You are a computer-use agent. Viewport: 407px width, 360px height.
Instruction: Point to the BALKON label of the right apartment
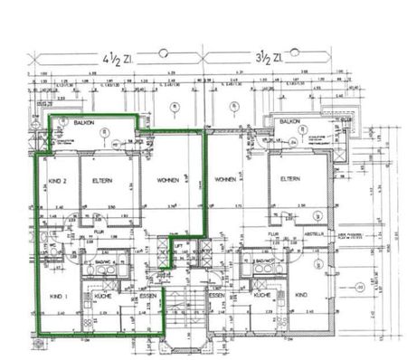tap(289, 120)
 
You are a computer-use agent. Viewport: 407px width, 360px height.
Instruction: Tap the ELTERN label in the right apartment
tap(289, 178)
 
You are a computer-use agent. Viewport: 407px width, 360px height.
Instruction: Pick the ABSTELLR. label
tap(314, 232)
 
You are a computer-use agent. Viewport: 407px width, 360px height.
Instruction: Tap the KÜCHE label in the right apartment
tap(262, 296)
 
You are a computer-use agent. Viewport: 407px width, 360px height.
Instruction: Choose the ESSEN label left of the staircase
tap(147, 296)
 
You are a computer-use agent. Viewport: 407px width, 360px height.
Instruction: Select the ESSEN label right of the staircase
tap(215, 296)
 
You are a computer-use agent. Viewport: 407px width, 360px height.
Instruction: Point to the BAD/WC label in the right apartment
tap(264, 261)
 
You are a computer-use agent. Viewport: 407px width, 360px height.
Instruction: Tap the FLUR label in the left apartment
tap(99, 232)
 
